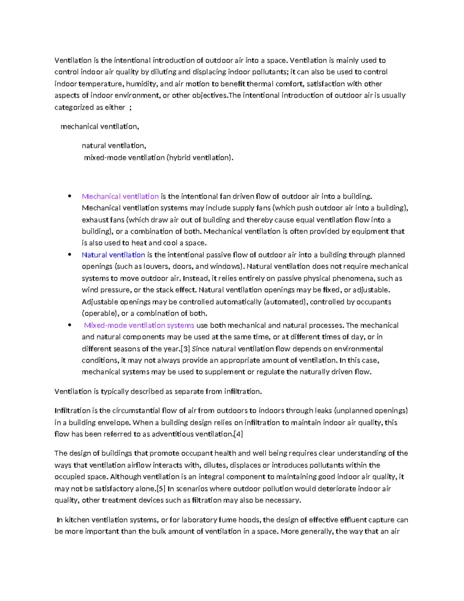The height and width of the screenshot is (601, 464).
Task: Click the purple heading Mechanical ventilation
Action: coord(120,196)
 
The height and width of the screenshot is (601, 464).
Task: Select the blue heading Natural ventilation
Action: coord(113,255)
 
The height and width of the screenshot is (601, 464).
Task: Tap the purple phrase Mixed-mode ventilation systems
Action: coord(139,325)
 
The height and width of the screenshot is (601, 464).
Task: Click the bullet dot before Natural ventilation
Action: coord(70,254)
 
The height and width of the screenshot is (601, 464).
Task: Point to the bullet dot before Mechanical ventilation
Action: coord(70,196)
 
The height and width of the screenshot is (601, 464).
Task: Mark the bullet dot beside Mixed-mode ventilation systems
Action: coord(70,325)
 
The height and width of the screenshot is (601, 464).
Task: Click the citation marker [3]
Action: coord(185,349)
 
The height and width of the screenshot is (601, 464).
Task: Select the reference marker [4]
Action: coord(238,434)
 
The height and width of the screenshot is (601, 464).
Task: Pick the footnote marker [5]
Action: coord(161,488)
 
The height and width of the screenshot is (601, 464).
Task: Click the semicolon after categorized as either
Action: coord(130,108)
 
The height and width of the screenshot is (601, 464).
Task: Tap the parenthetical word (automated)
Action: coord(285,301)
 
